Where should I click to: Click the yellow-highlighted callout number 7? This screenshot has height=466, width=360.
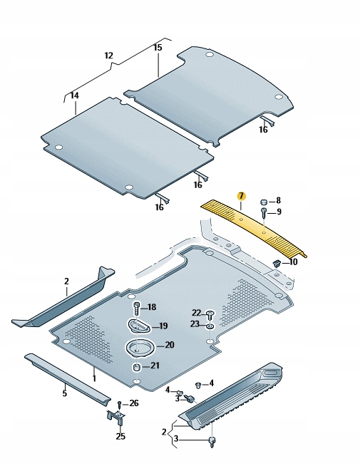coord(241,196)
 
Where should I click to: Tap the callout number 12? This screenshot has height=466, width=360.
coord(108,55)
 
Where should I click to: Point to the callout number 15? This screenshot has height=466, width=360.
coord(158,47)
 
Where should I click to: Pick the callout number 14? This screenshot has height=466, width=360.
coord(75,94)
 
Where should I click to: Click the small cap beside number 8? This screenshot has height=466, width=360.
coord(264,202)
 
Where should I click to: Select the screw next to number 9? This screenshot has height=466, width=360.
coord(264,212)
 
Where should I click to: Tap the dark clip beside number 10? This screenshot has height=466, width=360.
coord(275,264)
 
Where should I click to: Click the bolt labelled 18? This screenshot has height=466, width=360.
coord(136,308)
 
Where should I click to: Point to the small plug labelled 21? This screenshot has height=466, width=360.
coord(137,366)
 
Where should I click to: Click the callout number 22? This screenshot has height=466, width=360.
coord(196,313)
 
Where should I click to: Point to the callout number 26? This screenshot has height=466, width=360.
coord(134,403)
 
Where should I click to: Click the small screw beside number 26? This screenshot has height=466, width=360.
coord(119,404)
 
